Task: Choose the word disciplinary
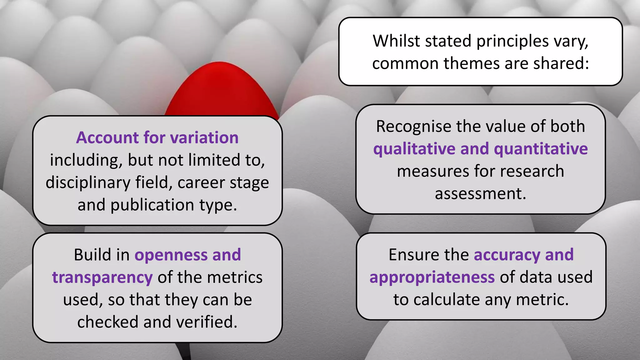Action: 88,183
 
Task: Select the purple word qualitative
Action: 414,149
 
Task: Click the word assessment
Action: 480,194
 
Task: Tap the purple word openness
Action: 171,255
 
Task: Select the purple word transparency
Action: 102,278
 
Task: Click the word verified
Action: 207,322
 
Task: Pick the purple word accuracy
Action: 507,255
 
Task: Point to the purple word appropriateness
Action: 432,278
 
